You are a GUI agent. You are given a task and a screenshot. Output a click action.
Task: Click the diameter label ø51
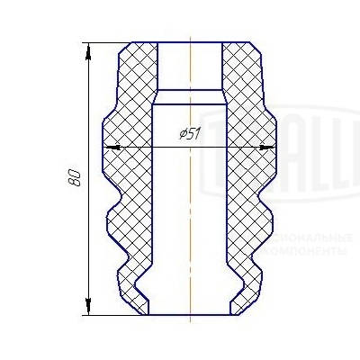coord(189,134)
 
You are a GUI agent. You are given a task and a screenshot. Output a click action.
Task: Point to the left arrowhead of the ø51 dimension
coord(111,146)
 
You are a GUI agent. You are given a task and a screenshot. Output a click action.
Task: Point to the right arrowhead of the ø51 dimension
coord(267,146)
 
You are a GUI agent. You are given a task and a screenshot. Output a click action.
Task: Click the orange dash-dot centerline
coord(192,225)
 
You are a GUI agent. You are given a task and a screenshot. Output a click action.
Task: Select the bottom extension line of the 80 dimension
coord(112,316)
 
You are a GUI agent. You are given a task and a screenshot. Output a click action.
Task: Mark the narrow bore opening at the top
coord(191,63)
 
